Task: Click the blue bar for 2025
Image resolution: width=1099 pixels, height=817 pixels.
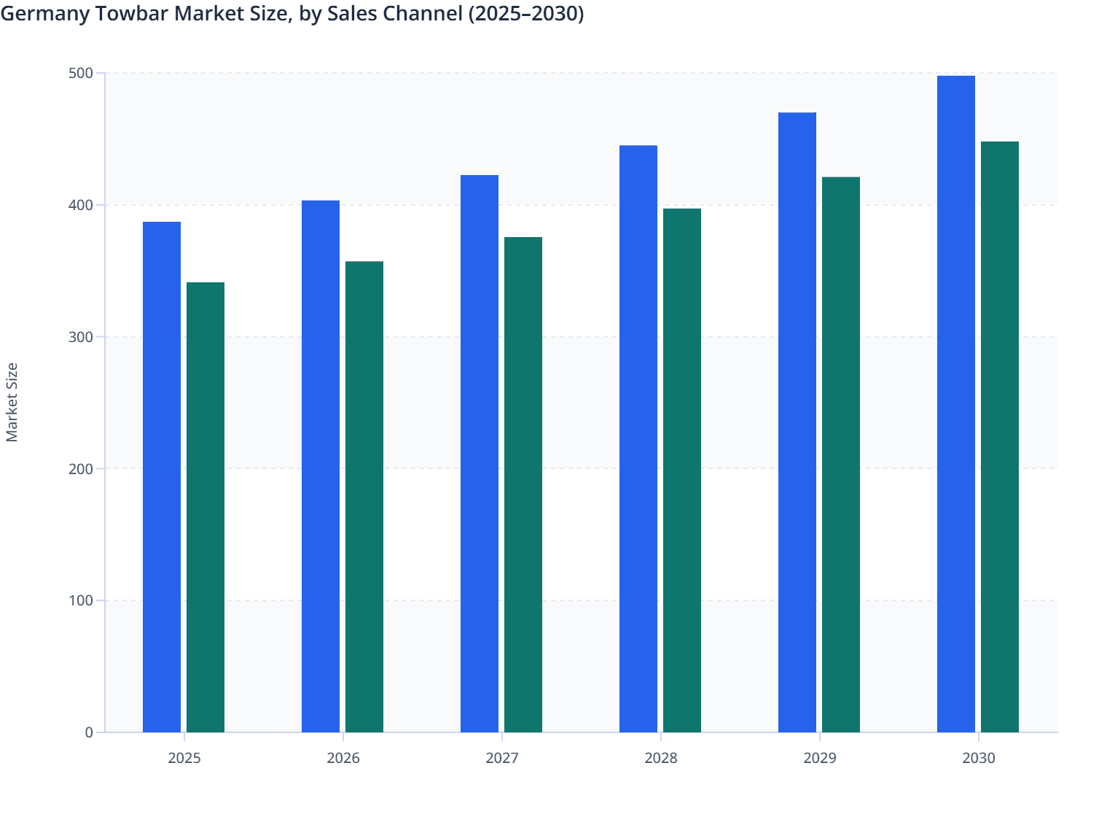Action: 162,477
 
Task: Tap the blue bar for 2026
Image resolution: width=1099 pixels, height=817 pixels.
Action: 321,466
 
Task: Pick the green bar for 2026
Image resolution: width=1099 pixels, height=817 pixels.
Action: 364,497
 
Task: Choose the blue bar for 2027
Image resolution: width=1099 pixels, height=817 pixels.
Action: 480,454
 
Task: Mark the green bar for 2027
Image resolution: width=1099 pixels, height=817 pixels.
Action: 523,484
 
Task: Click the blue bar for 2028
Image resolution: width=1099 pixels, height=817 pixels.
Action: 638,438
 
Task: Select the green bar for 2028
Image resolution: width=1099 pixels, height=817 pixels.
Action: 682,471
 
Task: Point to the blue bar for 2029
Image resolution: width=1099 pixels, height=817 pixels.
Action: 797,422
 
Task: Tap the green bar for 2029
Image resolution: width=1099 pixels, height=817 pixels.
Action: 841,454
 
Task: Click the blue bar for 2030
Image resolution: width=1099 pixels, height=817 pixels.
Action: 956,404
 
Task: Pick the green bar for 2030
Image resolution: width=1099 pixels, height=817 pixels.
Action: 1000,437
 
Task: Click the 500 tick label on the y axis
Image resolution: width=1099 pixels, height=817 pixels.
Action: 81,73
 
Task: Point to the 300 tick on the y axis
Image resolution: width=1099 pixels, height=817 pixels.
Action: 81,337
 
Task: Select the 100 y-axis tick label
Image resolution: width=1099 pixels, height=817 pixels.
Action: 81,600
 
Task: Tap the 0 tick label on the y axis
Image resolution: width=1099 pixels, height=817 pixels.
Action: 89,732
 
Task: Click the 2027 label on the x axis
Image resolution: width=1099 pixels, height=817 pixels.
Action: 502,758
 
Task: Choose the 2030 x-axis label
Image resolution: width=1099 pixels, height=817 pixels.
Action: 979,758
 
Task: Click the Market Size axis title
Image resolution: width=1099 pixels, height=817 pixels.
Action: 12,402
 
